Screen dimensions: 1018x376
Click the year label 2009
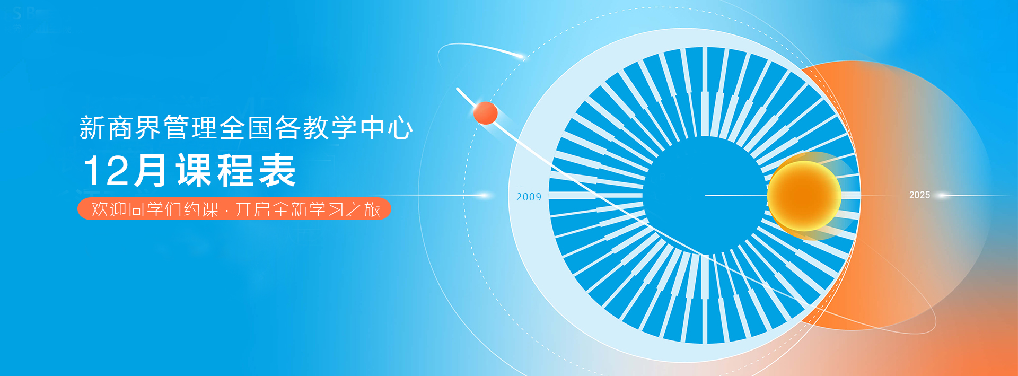pos(529,197)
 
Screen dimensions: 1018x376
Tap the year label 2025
pos(919,195)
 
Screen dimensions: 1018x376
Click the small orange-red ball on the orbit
pos(485,113)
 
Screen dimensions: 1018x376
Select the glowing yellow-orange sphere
pos(804,196)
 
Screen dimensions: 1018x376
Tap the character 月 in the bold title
pos(150,171)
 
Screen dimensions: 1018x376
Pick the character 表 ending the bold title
pos(278,171)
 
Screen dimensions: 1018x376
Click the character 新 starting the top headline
pos(92,128)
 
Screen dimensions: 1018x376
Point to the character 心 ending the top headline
pos(400,128)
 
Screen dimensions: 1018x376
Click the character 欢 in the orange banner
pos(100,209)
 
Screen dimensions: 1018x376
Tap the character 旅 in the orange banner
pos(372,209)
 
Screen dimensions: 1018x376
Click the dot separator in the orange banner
pos(227,210)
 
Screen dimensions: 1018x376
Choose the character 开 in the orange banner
pos(244,209)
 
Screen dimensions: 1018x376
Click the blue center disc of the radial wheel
pos(705,195)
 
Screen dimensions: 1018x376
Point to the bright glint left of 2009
pos(482,195)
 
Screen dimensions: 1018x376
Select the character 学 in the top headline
pos(344,128)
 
